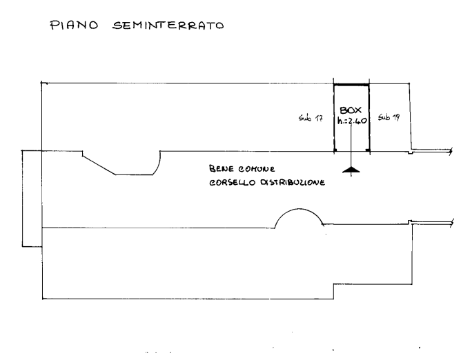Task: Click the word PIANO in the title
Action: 74,25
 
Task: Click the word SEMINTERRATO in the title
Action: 168,26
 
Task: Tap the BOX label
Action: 351,110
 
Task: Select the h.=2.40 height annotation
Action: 352,121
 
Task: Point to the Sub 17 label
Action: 311,118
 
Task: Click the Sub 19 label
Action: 389,117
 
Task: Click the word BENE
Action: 222,169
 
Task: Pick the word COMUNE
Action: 257,169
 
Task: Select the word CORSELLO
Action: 233,183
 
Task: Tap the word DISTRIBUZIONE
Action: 293,183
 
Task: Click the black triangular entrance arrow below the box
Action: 351,170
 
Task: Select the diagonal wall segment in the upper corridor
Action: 99,166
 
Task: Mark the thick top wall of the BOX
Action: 351,85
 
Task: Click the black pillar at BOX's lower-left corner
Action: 335,150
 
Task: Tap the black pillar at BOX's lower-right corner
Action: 368,150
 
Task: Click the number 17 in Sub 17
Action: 319,119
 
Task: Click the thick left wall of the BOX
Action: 334,118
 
